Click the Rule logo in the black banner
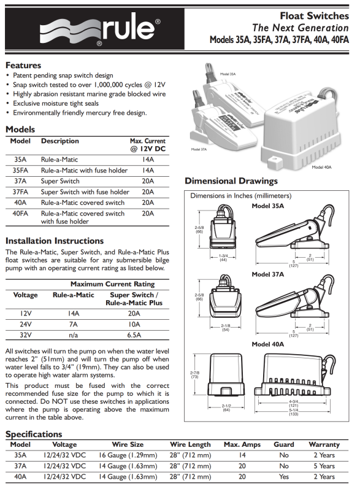pyautogui.click(x=100, y=29)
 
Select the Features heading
pyautogui.click(x=23, y=65)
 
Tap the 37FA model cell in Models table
pyautogui.click(x=20, y=192)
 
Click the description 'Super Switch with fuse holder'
pyautogui.click(x=85, y=192)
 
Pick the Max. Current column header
pyautogui.click(x=148, y=145)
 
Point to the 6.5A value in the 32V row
pyautogui.click(x=134, y=335)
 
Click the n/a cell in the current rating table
pyautogui.click(x=73, y=335)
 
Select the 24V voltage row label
pyautogui.click(x=25, y=325)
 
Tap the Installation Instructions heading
pyautogui.click(x=55, y=241)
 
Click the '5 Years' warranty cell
pyautogui.click(x=324, y=466)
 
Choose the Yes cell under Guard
pyautogui.click(x=284, y=477)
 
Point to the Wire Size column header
pyautogui.click(x=128, y=444)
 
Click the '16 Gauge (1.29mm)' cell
pyautogui.click(x=128, y=455)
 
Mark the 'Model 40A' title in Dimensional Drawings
pyautogui.click(x=268, y=344)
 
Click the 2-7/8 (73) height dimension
pyautogui.click(x=195, y=374)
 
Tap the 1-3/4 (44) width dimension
pyautogui.click(x=223, y=258)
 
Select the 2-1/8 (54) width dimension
pyautogui.click(x=226, y=328)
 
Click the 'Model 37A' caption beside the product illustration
pyautogui.click(x=199, y=149)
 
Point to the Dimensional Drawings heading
pyautogui.click(x=231, y=181)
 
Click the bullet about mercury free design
pyautogui.click(x=80, y=113)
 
